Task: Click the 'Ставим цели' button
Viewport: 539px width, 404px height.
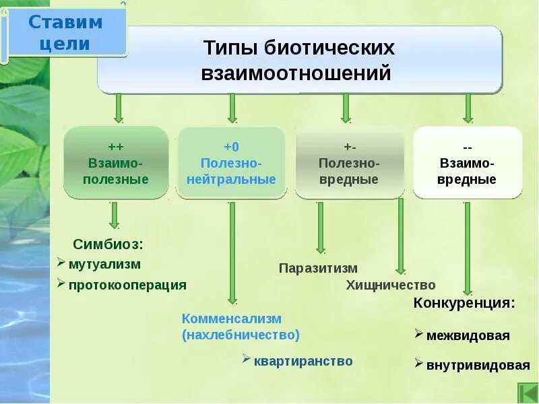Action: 66,32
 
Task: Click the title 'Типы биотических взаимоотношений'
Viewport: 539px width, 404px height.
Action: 298,61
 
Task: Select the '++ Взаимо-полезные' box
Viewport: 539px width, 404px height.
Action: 116,163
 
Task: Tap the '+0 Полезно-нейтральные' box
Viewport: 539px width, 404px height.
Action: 231,163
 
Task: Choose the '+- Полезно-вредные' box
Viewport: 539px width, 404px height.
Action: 349,163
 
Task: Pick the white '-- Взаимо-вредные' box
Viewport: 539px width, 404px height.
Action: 467,163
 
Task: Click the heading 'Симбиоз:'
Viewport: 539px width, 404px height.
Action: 108,244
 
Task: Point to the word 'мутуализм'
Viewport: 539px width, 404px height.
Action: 104,265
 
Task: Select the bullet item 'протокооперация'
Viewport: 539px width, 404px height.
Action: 127,285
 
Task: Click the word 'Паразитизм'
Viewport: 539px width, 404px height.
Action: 318,269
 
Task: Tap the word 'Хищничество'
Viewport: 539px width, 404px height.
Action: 391,285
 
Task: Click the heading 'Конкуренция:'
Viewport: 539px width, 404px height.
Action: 464,302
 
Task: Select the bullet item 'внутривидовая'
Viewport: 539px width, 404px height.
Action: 478,366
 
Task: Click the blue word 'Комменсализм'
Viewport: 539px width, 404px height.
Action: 231,318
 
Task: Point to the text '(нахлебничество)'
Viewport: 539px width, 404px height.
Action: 240,335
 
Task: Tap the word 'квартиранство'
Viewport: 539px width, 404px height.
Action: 303,362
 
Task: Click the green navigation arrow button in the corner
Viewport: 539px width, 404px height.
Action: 526,392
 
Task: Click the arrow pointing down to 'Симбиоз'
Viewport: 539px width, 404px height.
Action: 115,215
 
